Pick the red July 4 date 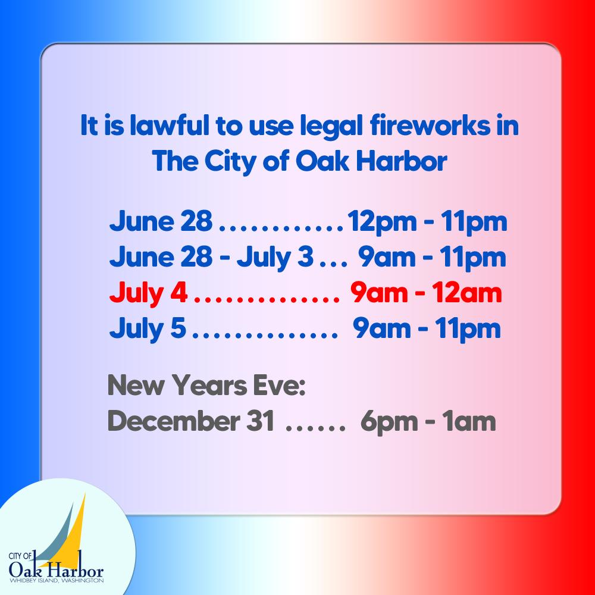pyautogui.click(x=148, y=293)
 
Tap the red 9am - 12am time pyautogui.click(x=426, y=293)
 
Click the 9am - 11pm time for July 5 pyautogui.click(x=427, y=328)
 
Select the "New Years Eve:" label pyautogui.click(x=205, y=387)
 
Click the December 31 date pyautogui.click(x=191, y=422)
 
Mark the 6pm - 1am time pyautogui.click(x=428, y=422)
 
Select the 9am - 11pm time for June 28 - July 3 pyautogui.click(x=431, y=258)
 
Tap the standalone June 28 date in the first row pyautogui.click(x=160, y=224)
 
